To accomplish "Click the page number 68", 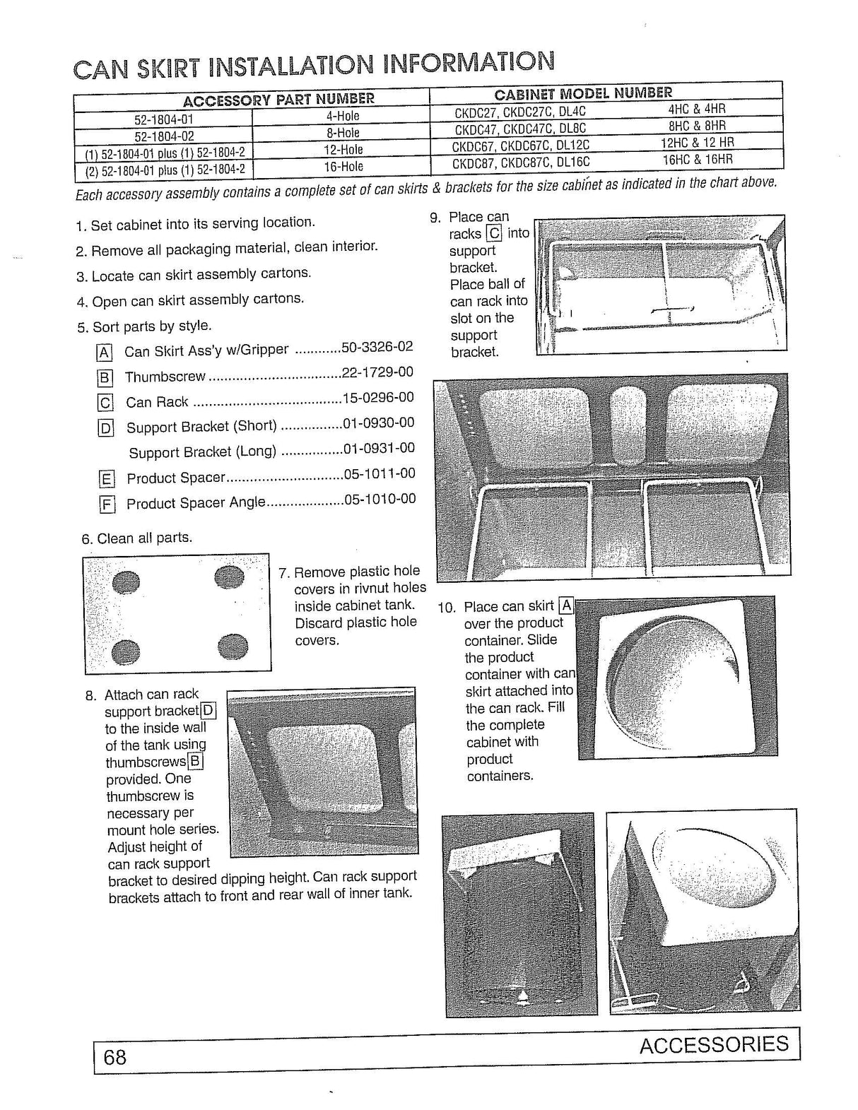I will point(114,1057).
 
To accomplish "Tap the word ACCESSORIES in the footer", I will point(714,1044).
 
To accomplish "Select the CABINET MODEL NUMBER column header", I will point(583,93).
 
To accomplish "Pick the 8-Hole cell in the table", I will point(343,133).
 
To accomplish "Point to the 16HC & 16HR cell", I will point(697,160).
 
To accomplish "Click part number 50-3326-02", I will point(377,347).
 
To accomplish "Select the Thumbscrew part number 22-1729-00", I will point(377,372).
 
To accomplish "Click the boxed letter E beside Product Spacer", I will point(107,480).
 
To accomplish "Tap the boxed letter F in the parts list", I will point(107,504).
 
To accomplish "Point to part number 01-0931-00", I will point(379,448).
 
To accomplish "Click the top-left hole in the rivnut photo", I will point(127,583).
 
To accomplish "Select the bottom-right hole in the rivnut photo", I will point(233,645).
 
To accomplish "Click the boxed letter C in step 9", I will point(494,234).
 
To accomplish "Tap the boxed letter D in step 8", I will point(208,711).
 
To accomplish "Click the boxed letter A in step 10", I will point(565,606).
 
